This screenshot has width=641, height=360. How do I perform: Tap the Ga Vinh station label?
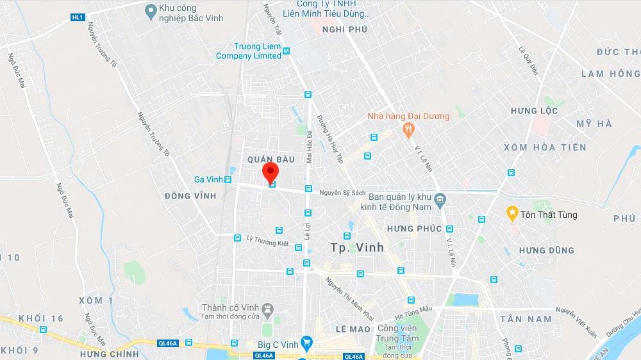click(209, 179)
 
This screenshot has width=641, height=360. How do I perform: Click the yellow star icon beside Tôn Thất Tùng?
click(512, 213)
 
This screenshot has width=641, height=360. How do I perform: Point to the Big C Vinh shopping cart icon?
click(306, 343)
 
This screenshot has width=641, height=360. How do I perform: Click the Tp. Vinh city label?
click(357, 247)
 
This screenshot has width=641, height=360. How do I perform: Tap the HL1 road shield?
click(78, 17)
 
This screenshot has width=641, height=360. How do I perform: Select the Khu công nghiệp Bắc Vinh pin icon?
click(151, 10)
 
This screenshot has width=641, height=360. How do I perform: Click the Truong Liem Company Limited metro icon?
click(286, 51)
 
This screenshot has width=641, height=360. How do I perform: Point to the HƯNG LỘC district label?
click(534, 111)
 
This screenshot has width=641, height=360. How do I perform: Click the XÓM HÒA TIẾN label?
click(545, 147)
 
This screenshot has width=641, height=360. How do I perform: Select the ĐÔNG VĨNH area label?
click(190, 195)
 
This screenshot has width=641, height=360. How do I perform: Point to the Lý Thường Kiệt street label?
click(267, 240)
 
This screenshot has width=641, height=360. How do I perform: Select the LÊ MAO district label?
click(353, 329)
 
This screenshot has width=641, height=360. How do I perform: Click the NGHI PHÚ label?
click(345, 29)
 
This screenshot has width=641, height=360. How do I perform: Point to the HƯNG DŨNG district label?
click(546, 250)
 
